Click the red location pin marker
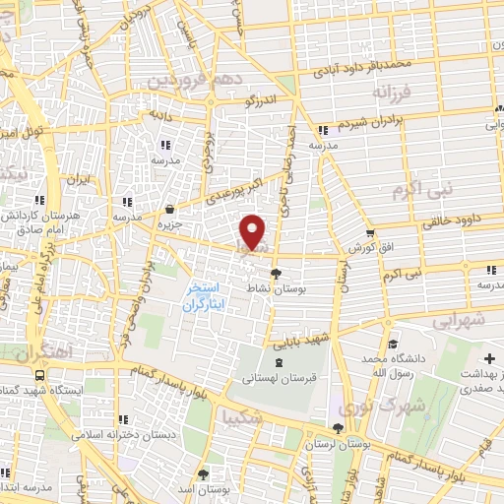click(x=254, y=232)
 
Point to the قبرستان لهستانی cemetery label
click(x=273, y=378)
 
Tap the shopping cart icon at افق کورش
click(x=369, y=234)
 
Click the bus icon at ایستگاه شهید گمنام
click(x=39, y=375)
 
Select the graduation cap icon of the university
click(x=394, y=345)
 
